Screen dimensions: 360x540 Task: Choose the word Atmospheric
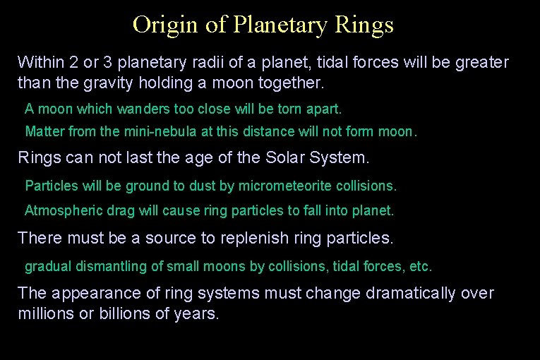tap(61, 211)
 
